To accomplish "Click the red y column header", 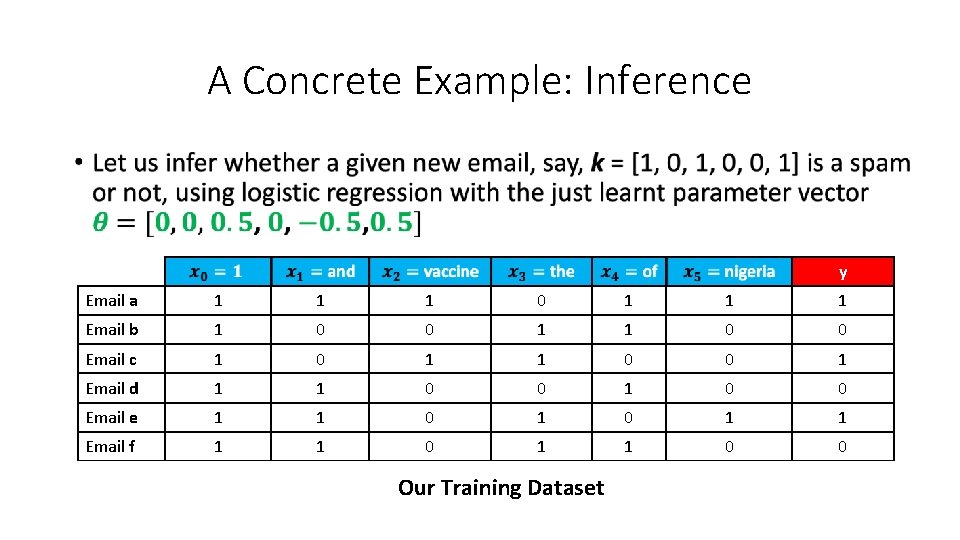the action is click(843, 272).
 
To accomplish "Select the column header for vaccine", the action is click(430, 272).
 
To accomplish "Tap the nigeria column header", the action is click(728, 272).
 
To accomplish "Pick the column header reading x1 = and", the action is click(320, 272).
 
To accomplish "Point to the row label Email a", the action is click(112, 301).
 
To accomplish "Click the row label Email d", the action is click(112, 388).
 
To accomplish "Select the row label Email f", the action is click(110, 447).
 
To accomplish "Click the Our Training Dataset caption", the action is click(501, 488).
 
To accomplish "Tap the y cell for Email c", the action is click(842, 359).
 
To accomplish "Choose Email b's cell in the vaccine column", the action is click(429, 330).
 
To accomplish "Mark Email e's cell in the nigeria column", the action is click(728, 418).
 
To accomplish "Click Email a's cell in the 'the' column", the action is click(541, 301).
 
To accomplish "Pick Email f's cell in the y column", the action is click(842, 447).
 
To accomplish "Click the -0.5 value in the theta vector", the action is click(330, 222).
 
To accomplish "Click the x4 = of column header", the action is click(629, 272).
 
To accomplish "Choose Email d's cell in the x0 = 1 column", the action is click(218, 388).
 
